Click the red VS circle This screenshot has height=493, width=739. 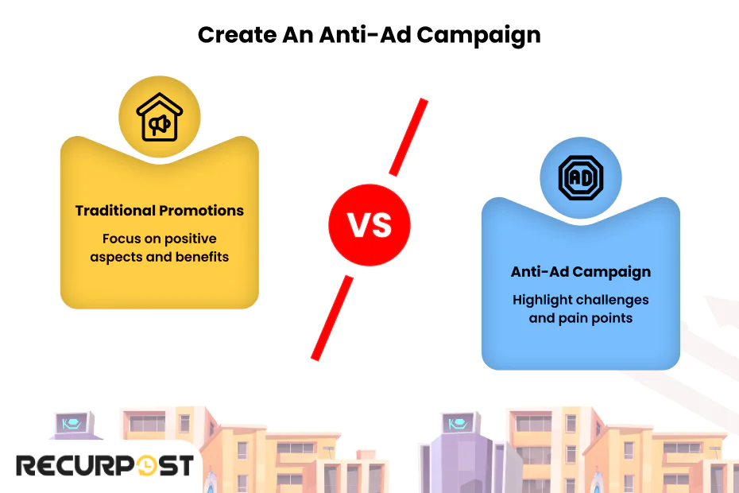369,225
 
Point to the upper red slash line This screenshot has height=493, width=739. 408,137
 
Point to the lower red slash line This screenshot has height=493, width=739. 331,317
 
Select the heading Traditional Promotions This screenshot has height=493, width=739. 159,211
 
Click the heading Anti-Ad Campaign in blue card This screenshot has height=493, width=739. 580,272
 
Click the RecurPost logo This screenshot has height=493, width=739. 104,465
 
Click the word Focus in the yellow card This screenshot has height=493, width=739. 121,239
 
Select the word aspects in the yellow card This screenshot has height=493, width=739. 114,257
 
